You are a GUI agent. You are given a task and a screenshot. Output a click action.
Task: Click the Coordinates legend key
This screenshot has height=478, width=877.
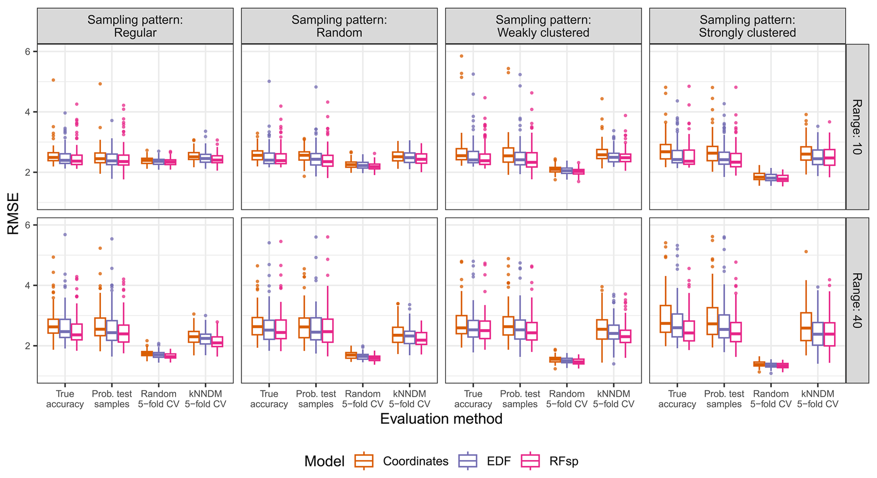pyautogui.click(x=364, y=461)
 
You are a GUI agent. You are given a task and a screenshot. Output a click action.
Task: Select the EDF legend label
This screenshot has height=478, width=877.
pyautogui.click(x=499, y=461)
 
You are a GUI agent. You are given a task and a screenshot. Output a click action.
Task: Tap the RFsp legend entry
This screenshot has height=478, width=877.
pyautogui.click(x=563, y=461)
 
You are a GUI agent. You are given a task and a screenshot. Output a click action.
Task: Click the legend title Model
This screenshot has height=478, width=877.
pyautogui.click(x=324, y=461)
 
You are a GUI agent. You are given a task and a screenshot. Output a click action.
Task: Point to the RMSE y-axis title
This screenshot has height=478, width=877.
pyautogui.click(x=13, y=213)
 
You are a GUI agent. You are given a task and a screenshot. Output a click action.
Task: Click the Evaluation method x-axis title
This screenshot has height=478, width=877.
pyautogui.click(x=441, y=419)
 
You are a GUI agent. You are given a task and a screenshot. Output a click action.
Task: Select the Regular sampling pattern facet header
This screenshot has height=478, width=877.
pyautogui.click(x=135, y=26)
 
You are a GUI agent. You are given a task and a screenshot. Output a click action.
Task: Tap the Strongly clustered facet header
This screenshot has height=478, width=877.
pyautogui.click(x=747, y=26)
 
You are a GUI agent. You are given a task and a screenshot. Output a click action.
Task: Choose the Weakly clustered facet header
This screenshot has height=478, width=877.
pyautogui.click(x=543, y=26)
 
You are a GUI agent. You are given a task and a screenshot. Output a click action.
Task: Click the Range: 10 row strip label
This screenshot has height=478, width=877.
pyautogui.click(x=857, y=126)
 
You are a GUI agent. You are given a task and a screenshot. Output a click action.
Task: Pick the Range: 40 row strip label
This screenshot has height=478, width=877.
pyautogui.click(x=857, y=300)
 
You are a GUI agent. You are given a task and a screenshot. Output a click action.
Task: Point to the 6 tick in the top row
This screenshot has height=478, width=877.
pyautogui.click(x=28, y=51)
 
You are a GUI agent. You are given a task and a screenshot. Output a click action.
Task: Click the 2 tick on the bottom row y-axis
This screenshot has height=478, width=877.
pyautogui.click(x=28, y=346)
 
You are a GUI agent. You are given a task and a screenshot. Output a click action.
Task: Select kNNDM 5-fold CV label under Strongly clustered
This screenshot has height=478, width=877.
pyautogui.click(x=818, y=399)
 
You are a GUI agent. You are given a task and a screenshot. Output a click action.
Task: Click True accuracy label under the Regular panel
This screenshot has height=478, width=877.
pyautogui.click(x=65, y=399)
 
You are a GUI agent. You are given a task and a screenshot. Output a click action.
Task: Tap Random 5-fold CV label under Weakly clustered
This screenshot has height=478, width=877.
pyautogui.click(x=566, y=399)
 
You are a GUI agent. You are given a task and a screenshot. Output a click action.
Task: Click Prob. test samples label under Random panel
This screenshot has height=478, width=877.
pyautogui.click(x=316, y=399)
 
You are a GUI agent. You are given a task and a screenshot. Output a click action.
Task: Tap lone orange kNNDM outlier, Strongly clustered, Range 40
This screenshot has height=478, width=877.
pyautogui.click(x=806, y=252)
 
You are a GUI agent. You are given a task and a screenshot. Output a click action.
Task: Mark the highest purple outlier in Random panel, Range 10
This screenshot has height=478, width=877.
pyautogui.click(x=269, y=81)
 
